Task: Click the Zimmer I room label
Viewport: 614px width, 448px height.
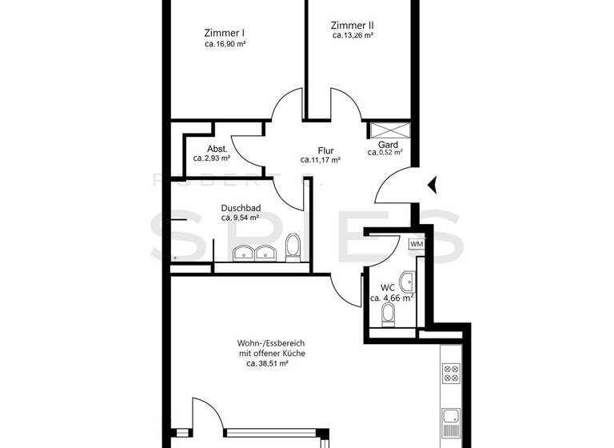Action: click(x=225, y=33)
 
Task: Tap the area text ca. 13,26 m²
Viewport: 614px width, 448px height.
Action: click(x=353, y=35)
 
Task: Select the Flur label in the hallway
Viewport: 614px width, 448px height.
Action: click(x=325, y=150)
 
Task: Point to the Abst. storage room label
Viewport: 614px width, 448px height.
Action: click(x=217, y=149)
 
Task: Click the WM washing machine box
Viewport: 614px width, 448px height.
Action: click(x=417, y=244)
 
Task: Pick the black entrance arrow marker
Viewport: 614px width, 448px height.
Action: click(x=433, y=186)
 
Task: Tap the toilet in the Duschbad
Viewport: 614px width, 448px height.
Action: click(x=293, y=248)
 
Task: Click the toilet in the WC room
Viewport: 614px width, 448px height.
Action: click(x=389, y=314)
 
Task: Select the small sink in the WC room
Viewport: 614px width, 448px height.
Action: click(x=409, y=280)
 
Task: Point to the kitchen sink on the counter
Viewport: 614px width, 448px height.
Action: click(x=451, y=417)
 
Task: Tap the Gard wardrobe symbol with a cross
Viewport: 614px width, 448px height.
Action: click(x=389, y=130)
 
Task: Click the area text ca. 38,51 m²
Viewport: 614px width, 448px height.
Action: click(x=267, y=362)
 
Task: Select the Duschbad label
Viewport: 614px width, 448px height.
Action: click(x=241, y=208)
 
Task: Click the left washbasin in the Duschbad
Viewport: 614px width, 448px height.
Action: click(x=243, y=254)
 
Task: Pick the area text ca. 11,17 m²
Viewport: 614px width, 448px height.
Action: click(x=321, y=160)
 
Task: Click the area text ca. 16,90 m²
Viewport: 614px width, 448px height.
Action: click(x=225, y=45)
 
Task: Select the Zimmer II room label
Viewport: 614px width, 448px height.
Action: click(x=353, y=25)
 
